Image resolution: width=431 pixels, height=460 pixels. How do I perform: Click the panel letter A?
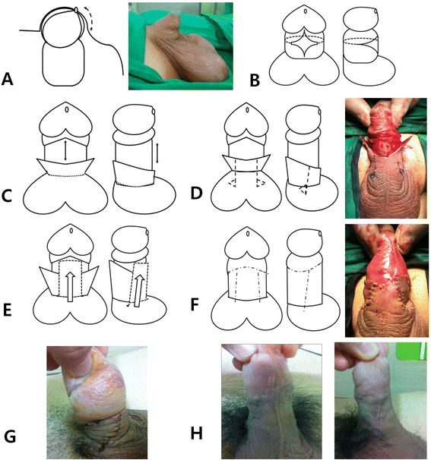[8, 79]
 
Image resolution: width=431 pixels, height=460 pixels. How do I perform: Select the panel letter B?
[255, 80]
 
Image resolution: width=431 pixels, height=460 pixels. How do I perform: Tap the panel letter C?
[7, 196]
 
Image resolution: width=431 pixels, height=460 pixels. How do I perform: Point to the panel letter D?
[197, 194]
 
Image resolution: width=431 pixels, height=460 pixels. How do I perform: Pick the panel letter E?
[8, 310]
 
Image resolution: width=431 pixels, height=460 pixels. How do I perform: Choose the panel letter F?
[195, 304]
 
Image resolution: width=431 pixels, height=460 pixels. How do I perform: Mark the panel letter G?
[10, 437]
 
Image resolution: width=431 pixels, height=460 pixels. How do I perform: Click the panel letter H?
[197, 433]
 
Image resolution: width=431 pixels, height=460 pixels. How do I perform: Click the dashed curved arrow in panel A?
[89, 18]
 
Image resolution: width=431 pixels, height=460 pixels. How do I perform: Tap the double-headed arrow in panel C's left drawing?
[65, 150]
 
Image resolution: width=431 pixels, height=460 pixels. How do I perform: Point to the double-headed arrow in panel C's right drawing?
[157, 153]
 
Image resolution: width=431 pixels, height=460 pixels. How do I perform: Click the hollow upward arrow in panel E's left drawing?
[70, 286]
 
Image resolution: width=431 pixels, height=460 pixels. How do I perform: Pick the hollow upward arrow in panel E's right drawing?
[138, 291]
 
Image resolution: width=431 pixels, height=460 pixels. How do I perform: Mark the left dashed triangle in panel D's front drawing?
[232, 183]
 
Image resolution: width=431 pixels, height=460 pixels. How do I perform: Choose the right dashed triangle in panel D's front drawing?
[261, 183]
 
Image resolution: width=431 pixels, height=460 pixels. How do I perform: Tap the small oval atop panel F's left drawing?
[248, 234]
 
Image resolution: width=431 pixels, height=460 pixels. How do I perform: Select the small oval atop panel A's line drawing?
[76, 10]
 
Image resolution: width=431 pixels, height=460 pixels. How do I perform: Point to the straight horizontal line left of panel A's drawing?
[30, 30]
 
